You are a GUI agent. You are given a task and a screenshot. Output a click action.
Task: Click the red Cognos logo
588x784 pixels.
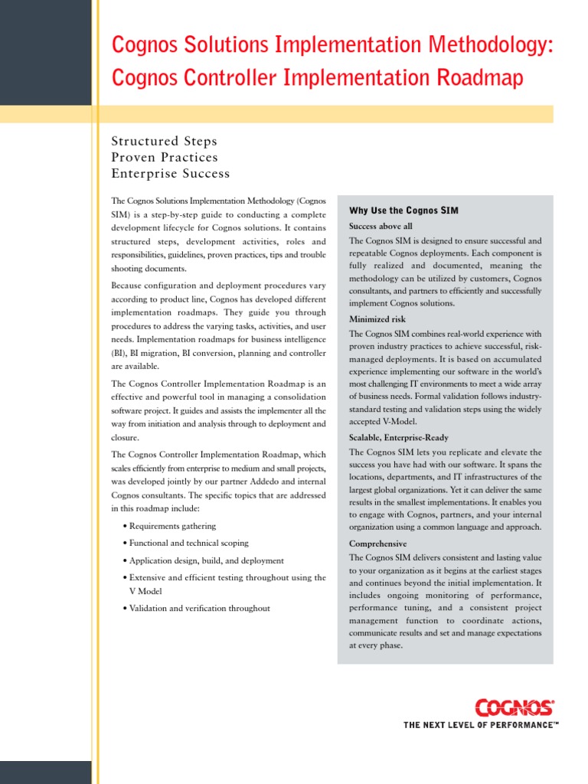point(514,706)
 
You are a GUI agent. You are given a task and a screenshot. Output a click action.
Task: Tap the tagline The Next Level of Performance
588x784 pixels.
point(480,724)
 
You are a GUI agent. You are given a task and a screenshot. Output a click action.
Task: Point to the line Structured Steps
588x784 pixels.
point(164,142)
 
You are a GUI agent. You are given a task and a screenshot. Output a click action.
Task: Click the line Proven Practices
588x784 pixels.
point(165,158)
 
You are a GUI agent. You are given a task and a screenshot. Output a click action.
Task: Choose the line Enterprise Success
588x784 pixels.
point(170,174)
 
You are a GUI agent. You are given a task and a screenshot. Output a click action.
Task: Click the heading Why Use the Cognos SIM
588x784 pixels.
point(403,211)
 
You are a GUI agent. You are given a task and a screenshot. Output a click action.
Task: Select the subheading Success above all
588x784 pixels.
point(381,227)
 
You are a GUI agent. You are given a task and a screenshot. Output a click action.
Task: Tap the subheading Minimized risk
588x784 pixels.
point(377,319)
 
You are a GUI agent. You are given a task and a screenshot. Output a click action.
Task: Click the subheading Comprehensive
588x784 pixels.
point(377,544)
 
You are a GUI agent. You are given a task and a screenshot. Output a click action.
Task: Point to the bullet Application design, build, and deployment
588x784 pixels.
point(206,560)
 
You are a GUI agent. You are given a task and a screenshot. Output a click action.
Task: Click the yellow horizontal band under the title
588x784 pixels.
point(322,114)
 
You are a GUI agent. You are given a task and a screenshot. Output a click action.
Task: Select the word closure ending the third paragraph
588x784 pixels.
point(125,438)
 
